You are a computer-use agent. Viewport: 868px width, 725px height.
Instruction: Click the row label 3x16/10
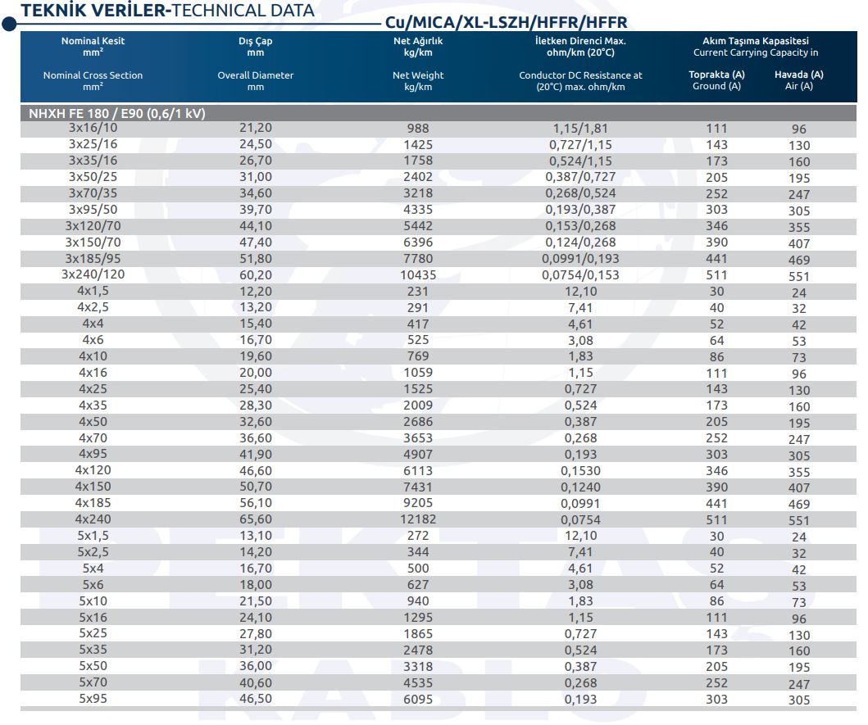[93, 128]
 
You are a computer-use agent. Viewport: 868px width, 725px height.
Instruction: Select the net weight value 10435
[418, 275]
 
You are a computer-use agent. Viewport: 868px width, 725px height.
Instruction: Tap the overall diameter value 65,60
[255, 519]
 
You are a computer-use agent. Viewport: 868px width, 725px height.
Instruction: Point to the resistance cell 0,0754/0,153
[580, 275]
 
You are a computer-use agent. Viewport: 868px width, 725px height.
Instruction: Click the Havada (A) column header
[799, 75]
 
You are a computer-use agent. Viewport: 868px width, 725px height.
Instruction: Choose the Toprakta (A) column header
[716, 75]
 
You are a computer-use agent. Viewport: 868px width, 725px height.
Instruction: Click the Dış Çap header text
[255, 41]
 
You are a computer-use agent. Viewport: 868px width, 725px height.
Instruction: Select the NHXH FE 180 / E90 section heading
[117, 113]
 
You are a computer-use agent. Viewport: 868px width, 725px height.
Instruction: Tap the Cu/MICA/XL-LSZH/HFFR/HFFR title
[506, 23]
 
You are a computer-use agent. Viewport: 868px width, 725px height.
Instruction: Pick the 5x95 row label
[93, 699]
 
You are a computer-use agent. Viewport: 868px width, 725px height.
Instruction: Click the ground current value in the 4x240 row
[716, 519]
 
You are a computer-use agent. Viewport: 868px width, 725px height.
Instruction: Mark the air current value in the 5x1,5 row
[799, 537]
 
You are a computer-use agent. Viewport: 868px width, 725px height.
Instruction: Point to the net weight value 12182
[418, 519]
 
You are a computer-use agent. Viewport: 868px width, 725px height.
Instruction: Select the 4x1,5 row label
[93, 291]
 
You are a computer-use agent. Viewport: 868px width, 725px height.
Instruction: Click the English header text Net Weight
[418, 75]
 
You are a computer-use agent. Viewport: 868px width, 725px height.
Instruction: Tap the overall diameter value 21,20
[255, 128]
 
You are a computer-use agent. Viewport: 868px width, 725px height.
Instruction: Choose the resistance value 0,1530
[580, 471]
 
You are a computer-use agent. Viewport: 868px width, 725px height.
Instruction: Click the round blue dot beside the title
[9, 25]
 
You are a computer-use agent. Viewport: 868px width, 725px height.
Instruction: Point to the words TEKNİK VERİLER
[93, 11]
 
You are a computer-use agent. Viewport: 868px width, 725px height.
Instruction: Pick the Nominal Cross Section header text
[93, 75]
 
